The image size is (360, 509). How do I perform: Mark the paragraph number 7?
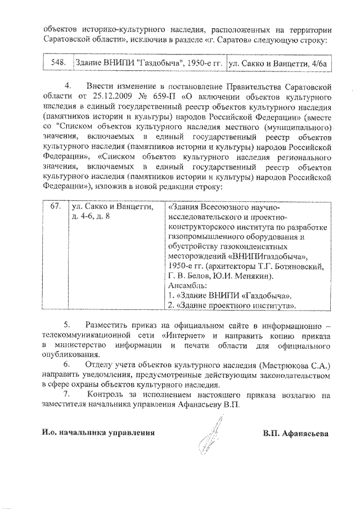tap(68, 395)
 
